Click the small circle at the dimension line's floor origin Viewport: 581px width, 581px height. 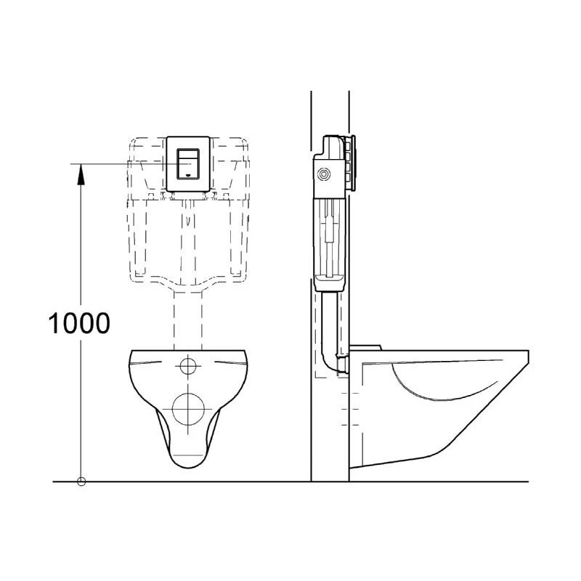[81, 480]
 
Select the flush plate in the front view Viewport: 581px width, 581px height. [189, 163]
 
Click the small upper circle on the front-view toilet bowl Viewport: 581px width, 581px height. [189, 365]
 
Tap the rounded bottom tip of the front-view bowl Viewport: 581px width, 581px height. [189, 462]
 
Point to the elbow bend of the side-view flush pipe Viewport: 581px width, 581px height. [328, 363]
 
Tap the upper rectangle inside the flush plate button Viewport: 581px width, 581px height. [189, 155]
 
